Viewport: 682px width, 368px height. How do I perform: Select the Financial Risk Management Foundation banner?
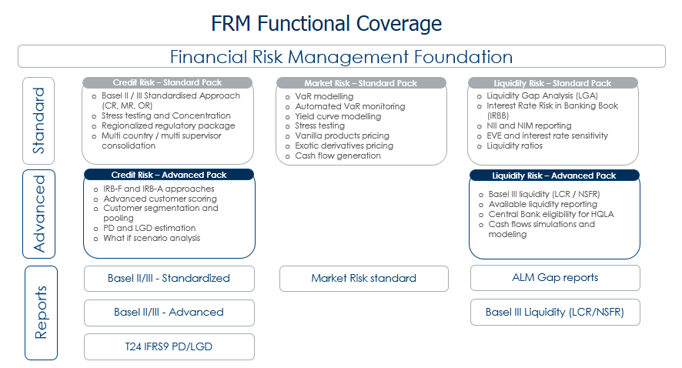point(341,56)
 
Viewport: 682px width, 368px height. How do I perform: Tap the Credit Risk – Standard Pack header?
point(168,83)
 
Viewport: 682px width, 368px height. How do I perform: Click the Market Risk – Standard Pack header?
point(361,83)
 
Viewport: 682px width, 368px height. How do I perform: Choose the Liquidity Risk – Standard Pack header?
point(553,83)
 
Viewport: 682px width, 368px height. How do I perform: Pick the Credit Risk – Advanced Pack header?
point(169,175)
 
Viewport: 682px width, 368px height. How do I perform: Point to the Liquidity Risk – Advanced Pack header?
point(553,176)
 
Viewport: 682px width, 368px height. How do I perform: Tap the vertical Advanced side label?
point(39,214)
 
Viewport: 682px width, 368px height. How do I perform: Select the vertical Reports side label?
point(41,313)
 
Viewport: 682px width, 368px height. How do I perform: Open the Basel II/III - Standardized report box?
point(169,278)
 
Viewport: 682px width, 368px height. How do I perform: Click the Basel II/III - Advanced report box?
point(169,312)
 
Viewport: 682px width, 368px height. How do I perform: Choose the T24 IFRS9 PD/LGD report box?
point(169,346)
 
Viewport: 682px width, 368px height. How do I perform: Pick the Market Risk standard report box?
point(363,278)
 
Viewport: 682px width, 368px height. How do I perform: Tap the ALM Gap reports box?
point(554,277)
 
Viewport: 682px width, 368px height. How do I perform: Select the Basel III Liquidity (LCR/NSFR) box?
point(554,312)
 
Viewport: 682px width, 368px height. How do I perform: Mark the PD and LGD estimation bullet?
point(149,228)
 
